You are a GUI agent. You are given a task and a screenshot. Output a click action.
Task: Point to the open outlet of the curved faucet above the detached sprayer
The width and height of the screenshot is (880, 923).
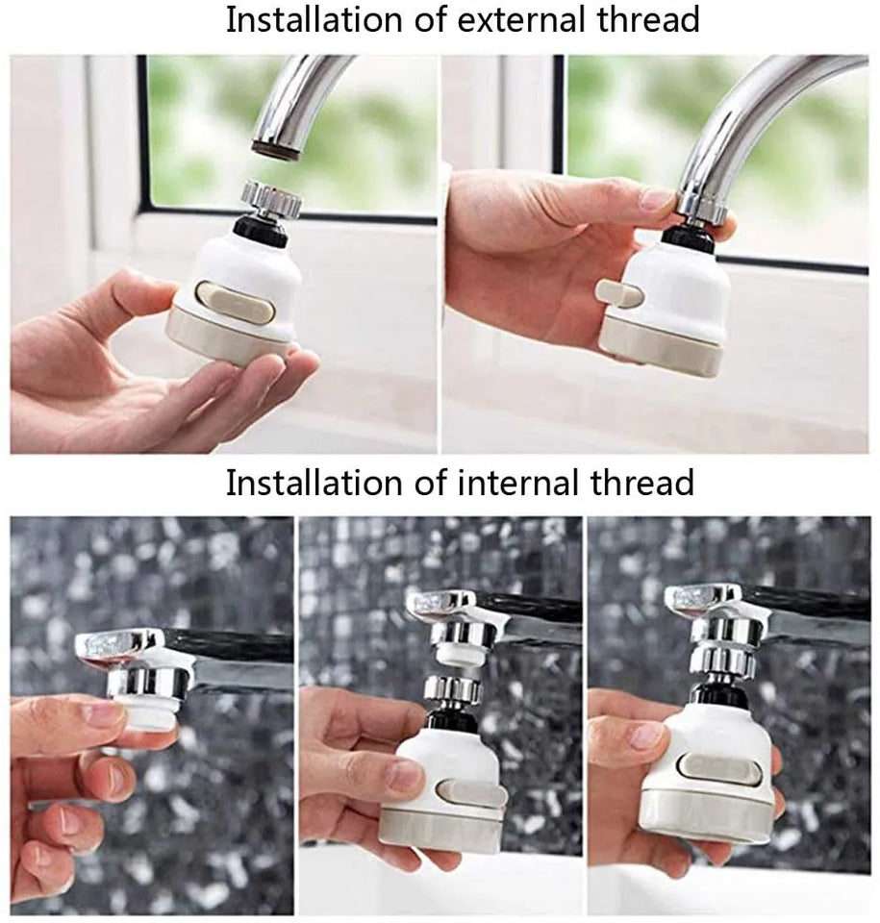point(273,147)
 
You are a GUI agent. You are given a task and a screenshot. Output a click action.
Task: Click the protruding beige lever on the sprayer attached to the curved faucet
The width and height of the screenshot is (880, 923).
point(616,292)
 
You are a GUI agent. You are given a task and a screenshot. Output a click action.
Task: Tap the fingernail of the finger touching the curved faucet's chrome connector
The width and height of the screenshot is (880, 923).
point(658,199)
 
